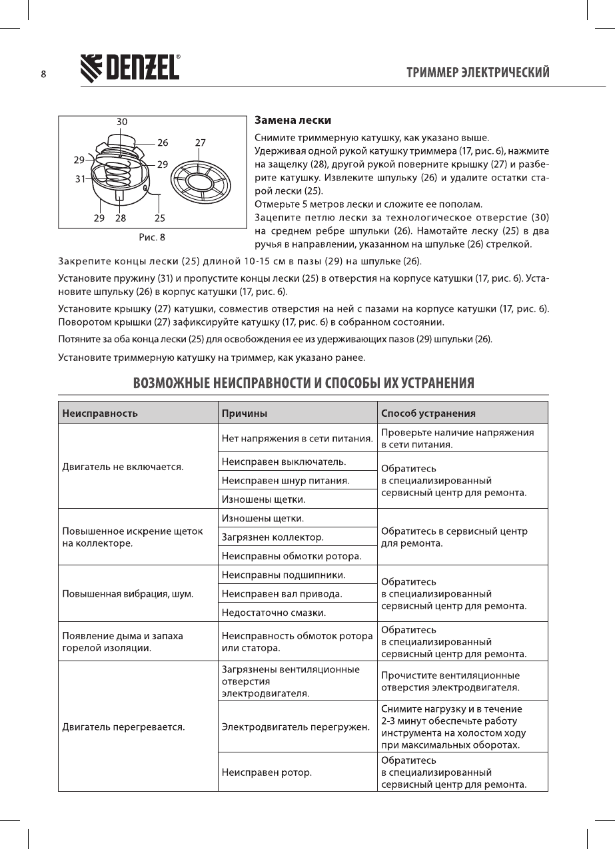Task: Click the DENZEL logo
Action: pos(131,67)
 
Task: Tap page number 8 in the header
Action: pos(43,74)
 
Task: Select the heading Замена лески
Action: pos(293,121)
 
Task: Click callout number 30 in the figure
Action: pos(122,122)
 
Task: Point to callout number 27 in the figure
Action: pos(201,142)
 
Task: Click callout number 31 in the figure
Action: pos(80,178)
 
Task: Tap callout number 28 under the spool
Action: pos(121,218)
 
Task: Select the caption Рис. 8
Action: pos(151,236)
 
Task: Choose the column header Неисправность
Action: pos(100,413)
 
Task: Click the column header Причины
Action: pos(244,413)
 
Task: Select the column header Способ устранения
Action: pos(428,413)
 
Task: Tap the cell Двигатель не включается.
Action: pos(123,466)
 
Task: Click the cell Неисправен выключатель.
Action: pos(283,461)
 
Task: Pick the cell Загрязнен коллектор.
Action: pos(273,537)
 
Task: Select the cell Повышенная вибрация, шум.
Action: pos(128,593)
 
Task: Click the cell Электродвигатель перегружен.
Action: pos(295,726)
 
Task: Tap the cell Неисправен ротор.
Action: pos(267,772)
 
